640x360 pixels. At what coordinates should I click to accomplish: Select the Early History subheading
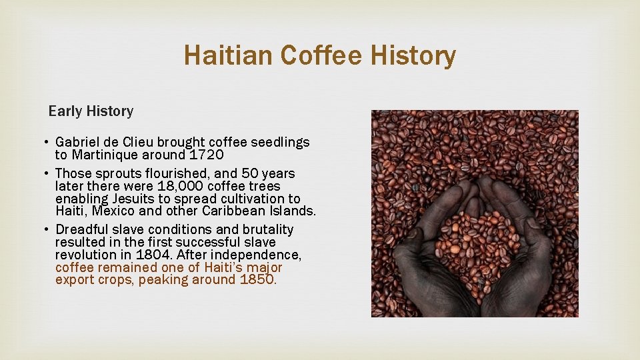pos(91,111)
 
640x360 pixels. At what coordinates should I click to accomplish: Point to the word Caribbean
pos(243,211)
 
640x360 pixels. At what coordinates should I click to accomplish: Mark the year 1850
pos(256,280)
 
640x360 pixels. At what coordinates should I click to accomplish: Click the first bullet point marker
pos(47,143)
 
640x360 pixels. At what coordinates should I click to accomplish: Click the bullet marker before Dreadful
pos(47,230)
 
